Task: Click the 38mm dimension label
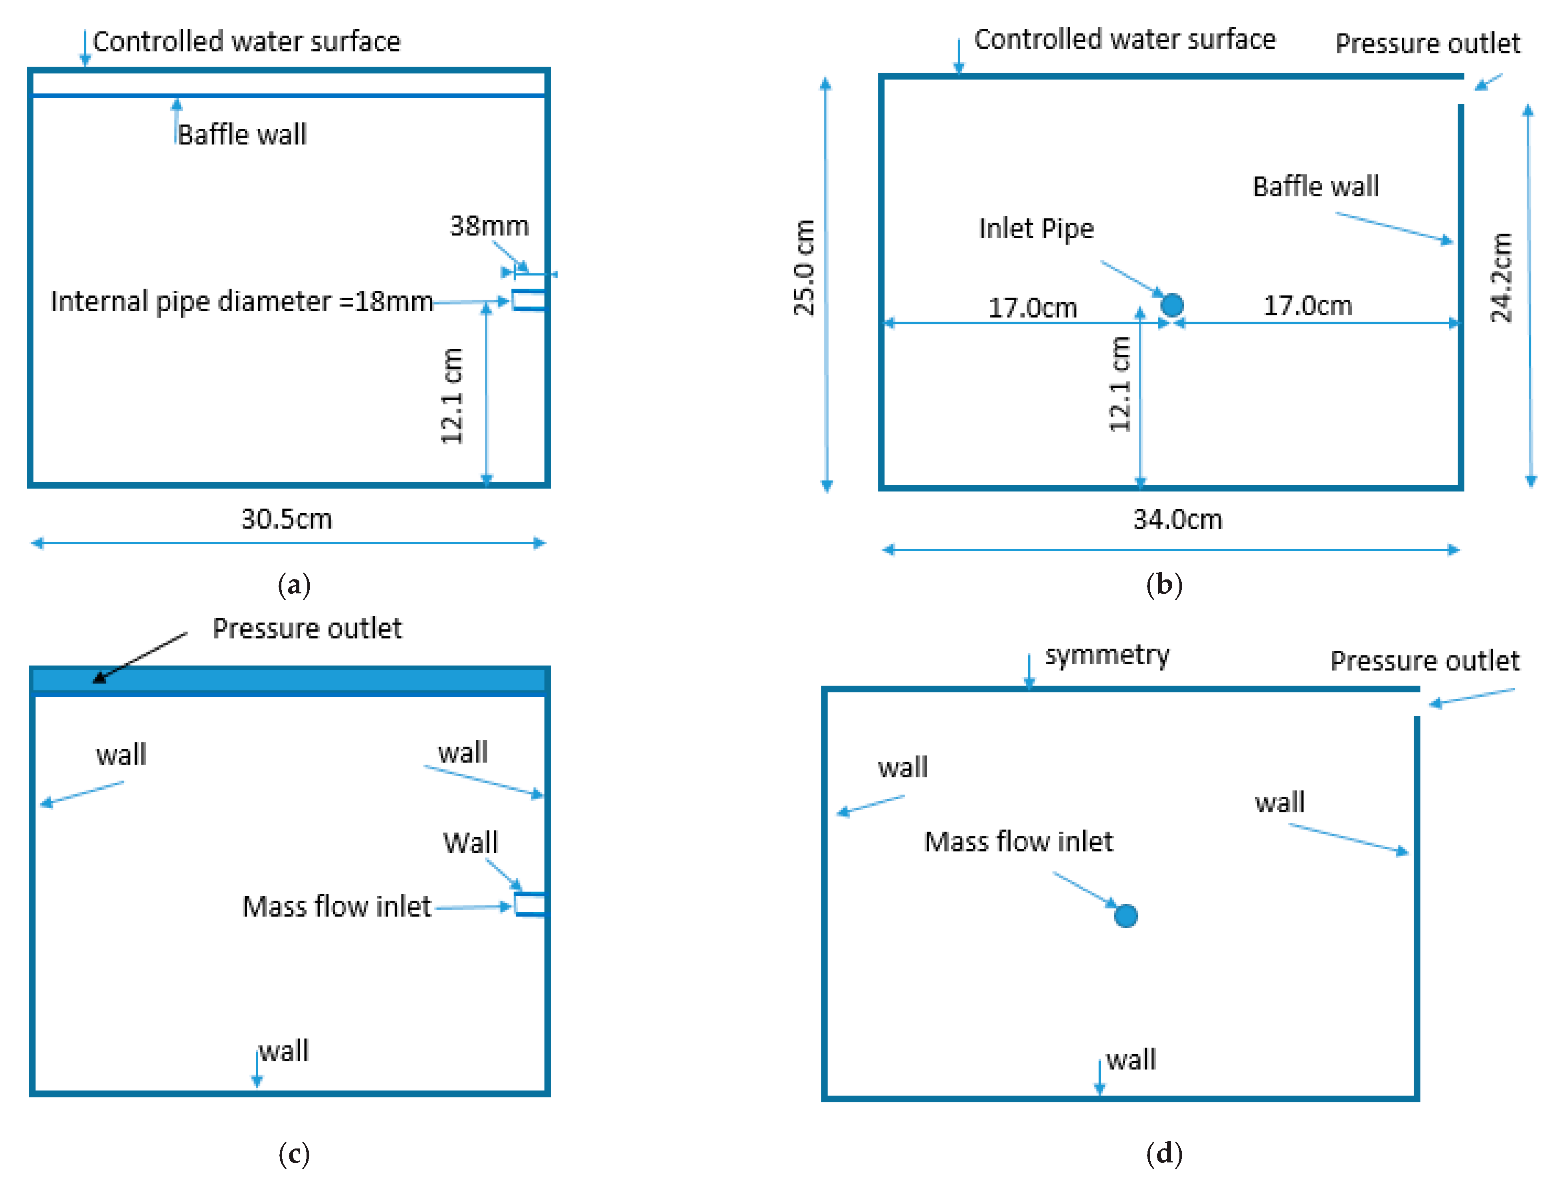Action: (x=489, y=226)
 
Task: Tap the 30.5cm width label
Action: (x=287, y=519)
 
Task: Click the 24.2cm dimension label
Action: (x=1502, y=278)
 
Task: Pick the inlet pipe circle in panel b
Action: (x=1172, y=304)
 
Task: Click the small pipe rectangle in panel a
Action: (x=528, y=300)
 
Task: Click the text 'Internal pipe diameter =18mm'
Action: (x=241, y=301)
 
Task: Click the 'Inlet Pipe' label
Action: (x=1036, y=229)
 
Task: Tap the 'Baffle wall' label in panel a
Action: (x=241, y=134)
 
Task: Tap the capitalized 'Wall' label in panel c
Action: (x=470, y=842)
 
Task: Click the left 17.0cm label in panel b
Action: (x=1033, y=308)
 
